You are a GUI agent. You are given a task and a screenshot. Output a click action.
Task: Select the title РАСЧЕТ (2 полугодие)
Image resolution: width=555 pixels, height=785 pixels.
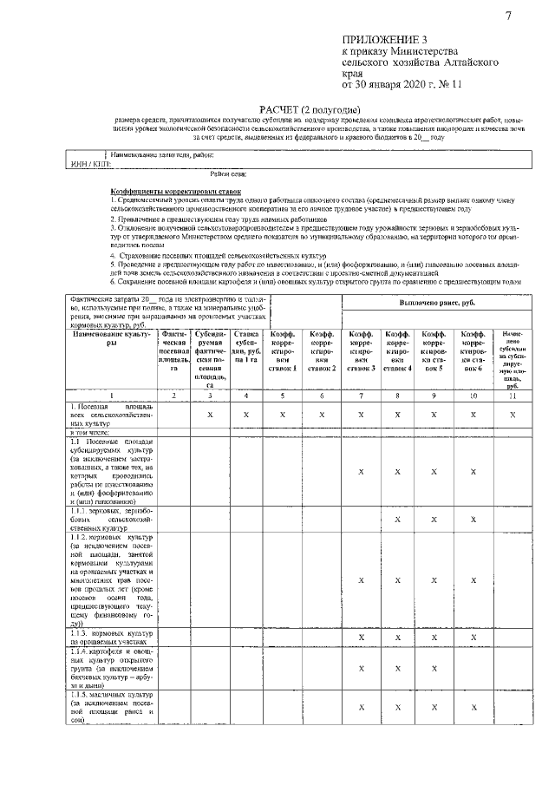click(311, 110)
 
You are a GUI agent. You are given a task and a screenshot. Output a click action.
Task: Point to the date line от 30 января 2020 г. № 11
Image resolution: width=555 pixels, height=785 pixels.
click(403, 85)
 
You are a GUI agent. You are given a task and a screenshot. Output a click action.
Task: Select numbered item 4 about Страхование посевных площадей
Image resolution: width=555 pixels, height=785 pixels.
click(217, 257)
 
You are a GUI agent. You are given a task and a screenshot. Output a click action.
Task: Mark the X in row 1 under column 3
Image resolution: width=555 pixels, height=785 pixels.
click(211, 415)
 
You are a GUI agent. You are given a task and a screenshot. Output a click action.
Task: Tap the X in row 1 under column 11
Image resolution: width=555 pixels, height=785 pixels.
click(512, 415)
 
